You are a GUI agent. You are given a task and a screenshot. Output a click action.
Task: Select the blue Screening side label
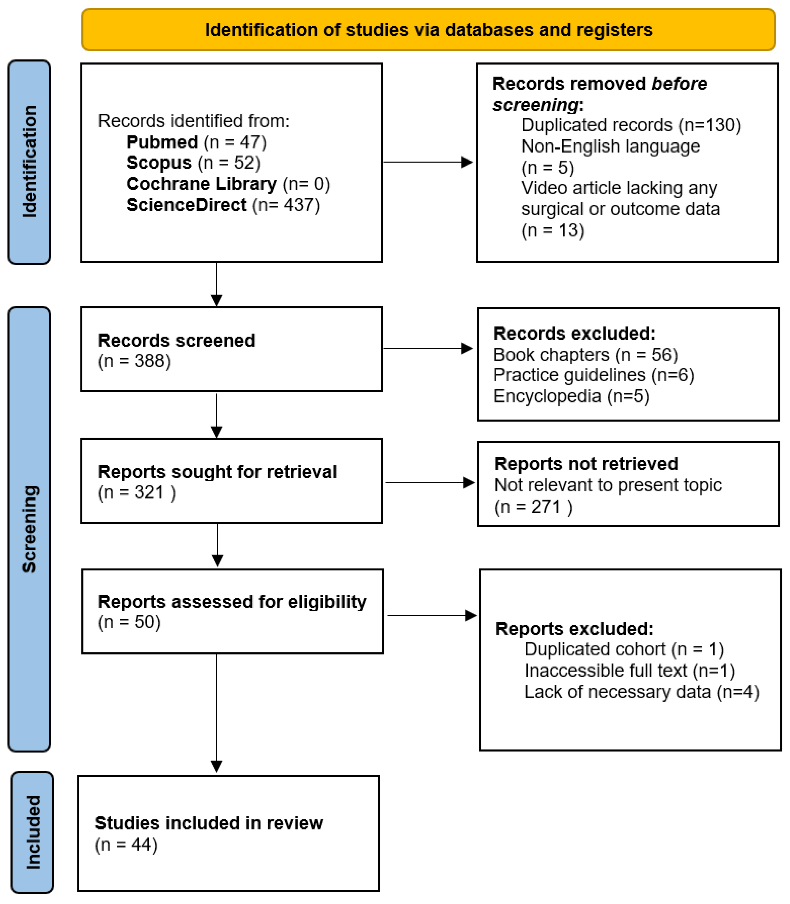(29, 529)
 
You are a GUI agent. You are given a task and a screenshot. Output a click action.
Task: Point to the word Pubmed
(162, 142)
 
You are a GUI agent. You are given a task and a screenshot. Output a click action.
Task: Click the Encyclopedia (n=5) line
(571, 396)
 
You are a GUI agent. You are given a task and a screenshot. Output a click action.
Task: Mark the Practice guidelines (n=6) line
(593, 375)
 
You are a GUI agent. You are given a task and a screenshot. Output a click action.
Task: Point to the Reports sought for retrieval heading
(217, 472)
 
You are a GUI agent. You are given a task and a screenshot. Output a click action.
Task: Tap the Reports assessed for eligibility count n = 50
(129, 622)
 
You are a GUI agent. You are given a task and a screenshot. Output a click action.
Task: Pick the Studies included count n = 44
(126, 845)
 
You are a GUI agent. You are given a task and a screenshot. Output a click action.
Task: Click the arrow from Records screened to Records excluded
(428, 348)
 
